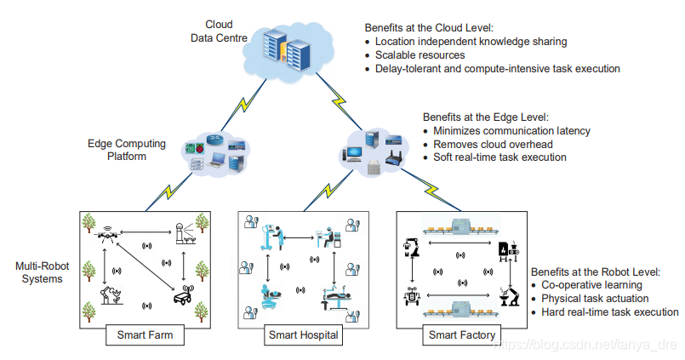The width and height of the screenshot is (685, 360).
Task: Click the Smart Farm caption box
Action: pos(144,334)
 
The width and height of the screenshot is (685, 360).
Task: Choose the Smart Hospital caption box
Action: pos(304,334)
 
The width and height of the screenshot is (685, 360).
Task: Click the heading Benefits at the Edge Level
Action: pos(486,117)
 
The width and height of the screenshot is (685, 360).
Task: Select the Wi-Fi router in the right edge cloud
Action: pos(392,158)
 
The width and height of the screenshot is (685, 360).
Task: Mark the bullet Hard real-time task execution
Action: pos(609,312)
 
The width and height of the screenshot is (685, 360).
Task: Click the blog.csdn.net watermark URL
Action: pos(587,346)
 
